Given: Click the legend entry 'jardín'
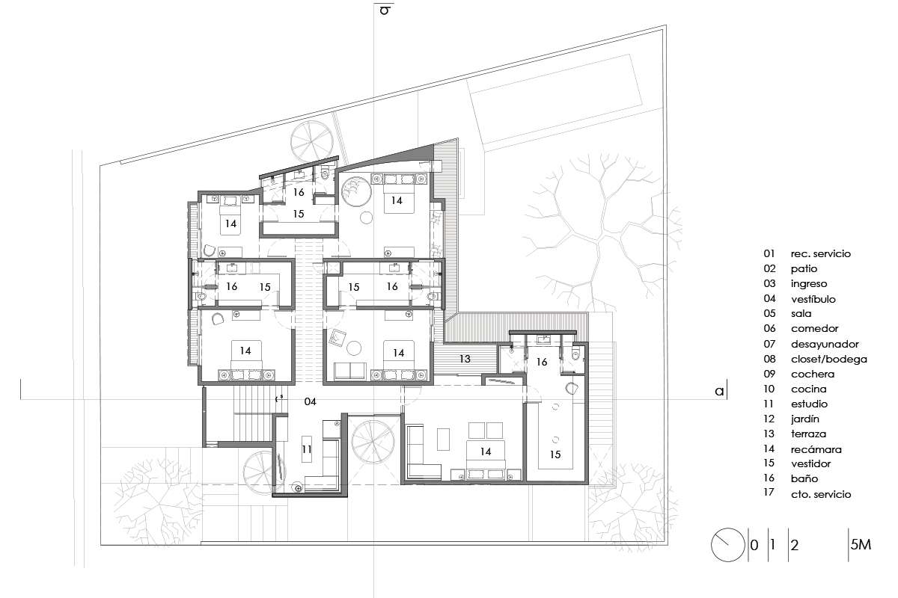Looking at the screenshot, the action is click(x=804, y=419).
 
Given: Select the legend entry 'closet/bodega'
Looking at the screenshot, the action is click(x=828, y=360).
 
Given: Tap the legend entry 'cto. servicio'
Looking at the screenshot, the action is click(x=821, y=494).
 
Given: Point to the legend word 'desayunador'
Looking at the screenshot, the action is click(x=825, y=344).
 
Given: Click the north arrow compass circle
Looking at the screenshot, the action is click(x=727, y=545).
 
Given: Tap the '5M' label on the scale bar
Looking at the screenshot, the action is click(x=861, y=544).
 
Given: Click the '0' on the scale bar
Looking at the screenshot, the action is click(x=754, y=545).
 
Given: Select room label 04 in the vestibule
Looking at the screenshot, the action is click(x=310, y=401).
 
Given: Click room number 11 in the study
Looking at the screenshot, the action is click(x=307, y=449).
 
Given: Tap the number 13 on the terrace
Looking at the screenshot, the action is click(x=465, y=359).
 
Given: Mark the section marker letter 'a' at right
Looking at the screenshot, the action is click(x=720, y=392).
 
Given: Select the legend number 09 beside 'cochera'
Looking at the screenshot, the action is click(x=769, y=374).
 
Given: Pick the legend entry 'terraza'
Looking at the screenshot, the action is click(x=808, y=434).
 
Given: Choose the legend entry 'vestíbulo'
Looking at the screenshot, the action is click(x=813, y=299).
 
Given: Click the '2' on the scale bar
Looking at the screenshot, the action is click(x=795, y=545).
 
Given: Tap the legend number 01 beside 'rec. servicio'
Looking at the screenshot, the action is click(x=769, y=253).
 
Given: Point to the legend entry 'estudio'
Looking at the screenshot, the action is click(x=809, y=404).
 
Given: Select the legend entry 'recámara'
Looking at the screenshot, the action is click(x=816, y=449).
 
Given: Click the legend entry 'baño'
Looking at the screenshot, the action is click(x=804, y=478).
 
